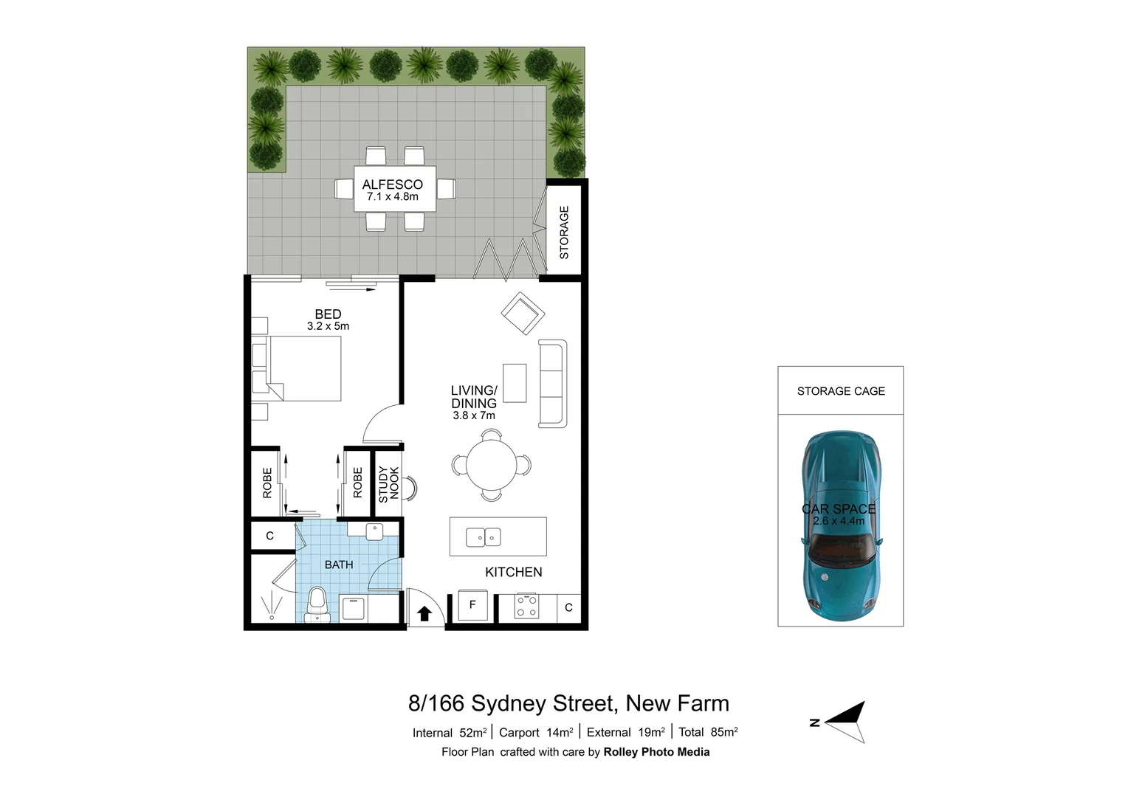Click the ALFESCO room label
[x=393, y=184]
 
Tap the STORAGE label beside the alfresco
[x=564, y=232]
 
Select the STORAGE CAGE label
[x=841, y=391]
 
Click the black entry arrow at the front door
[x=424, y=613]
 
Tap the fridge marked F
[x=472, y=605]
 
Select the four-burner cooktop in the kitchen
[x=526, y=607]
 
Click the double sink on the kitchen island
[x=484, y=537]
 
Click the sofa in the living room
[x=552, y=384]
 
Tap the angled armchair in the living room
[x=523, y=314]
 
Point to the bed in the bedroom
[x=304, y=368]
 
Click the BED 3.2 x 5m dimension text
[x=329, y=326]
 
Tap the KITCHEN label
[x=514, y=572]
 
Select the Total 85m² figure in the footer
[x=708, y=732]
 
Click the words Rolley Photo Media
[x=656, y=752]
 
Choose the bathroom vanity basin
[x=374, y=529]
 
